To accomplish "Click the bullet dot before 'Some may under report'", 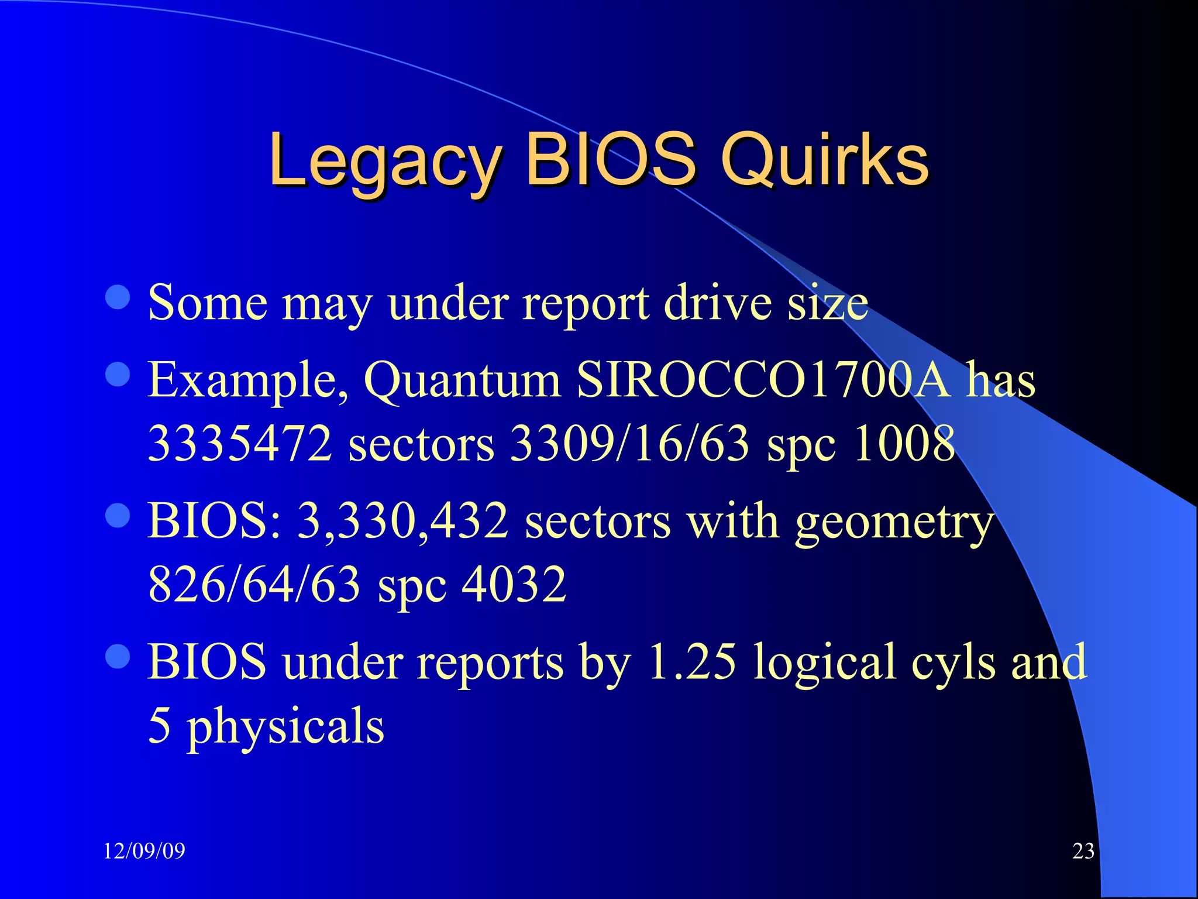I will pyautogui.click(x=118, y=297).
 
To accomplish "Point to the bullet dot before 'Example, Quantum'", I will pyautogui.click(x=118, y=374).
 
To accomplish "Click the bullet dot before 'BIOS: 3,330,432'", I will pyautogui.click(x=118, y=516).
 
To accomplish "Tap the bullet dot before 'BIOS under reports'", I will pyautogui.click(x=118, y=656).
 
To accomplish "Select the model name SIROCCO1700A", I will pyautogui.click(x=763, y=380).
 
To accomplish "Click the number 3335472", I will pyautogui.click(x=240, y=444).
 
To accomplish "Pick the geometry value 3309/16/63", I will pyautogui.click(x=629, y=444).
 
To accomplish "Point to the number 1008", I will pyautogui.click(x=904, y=444).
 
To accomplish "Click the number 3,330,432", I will pyautogui.click(x=403, y=521).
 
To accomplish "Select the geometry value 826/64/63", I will pyautogui.click(x=254, y=584).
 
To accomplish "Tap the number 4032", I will pyautogui.click(x=514, y=584).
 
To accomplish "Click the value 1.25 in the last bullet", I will pyautogui.click(x=692, y=662).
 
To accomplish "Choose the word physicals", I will pyautogui.click(x=285, y=726).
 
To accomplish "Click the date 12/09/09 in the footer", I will pyautogui.click(x=144, y=850).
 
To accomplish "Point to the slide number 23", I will pyautogui.click(x=1083, y=850).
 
